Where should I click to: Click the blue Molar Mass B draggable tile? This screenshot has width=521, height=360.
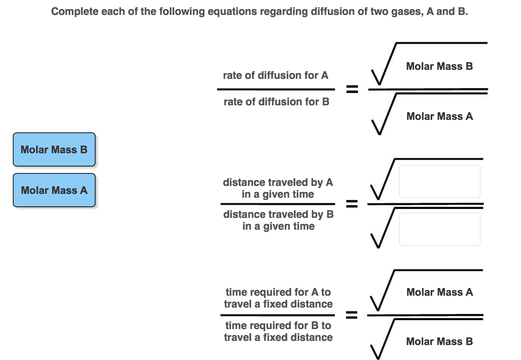point(54,149)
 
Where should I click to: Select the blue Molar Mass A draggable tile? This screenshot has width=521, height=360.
point(54,190)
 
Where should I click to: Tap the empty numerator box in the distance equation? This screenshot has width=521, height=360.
point(439,181)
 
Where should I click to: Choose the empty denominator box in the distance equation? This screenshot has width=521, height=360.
point(439,229)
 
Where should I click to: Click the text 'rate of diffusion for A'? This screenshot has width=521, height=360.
point(275,75)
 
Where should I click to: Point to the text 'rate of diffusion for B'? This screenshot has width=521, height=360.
point(276,102)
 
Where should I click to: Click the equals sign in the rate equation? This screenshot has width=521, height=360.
point(352,90)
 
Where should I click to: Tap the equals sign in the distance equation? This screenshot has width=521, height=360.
point(352,204)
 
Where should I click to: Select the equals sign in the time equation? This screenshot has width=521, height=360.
point(352,315)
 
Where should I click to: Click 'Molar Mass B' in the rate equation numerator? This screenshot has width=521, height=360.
point(439,66)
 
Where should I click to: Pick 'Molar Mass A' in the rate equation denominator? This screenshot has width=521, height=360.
point(439,116)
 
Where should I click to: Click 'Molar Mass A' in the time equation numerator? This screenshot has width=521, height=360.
point(439,292)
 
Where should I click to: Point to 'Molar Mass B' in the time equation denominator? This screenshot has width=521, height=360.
point(439,342)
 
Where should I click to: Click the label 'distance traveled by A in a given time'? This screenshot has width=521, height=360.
point(278,188)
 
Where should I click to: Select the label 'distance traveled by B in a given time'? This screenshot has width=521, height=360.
point(278,220)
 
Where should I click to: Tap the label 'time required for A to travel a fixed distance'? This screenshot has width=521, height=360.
point(278,298)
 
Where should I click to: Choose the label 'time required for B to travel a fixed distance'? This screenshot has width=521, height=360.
point(278,332)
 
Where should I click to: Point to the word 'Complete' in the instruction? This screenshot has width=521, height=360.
point(75,11)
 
